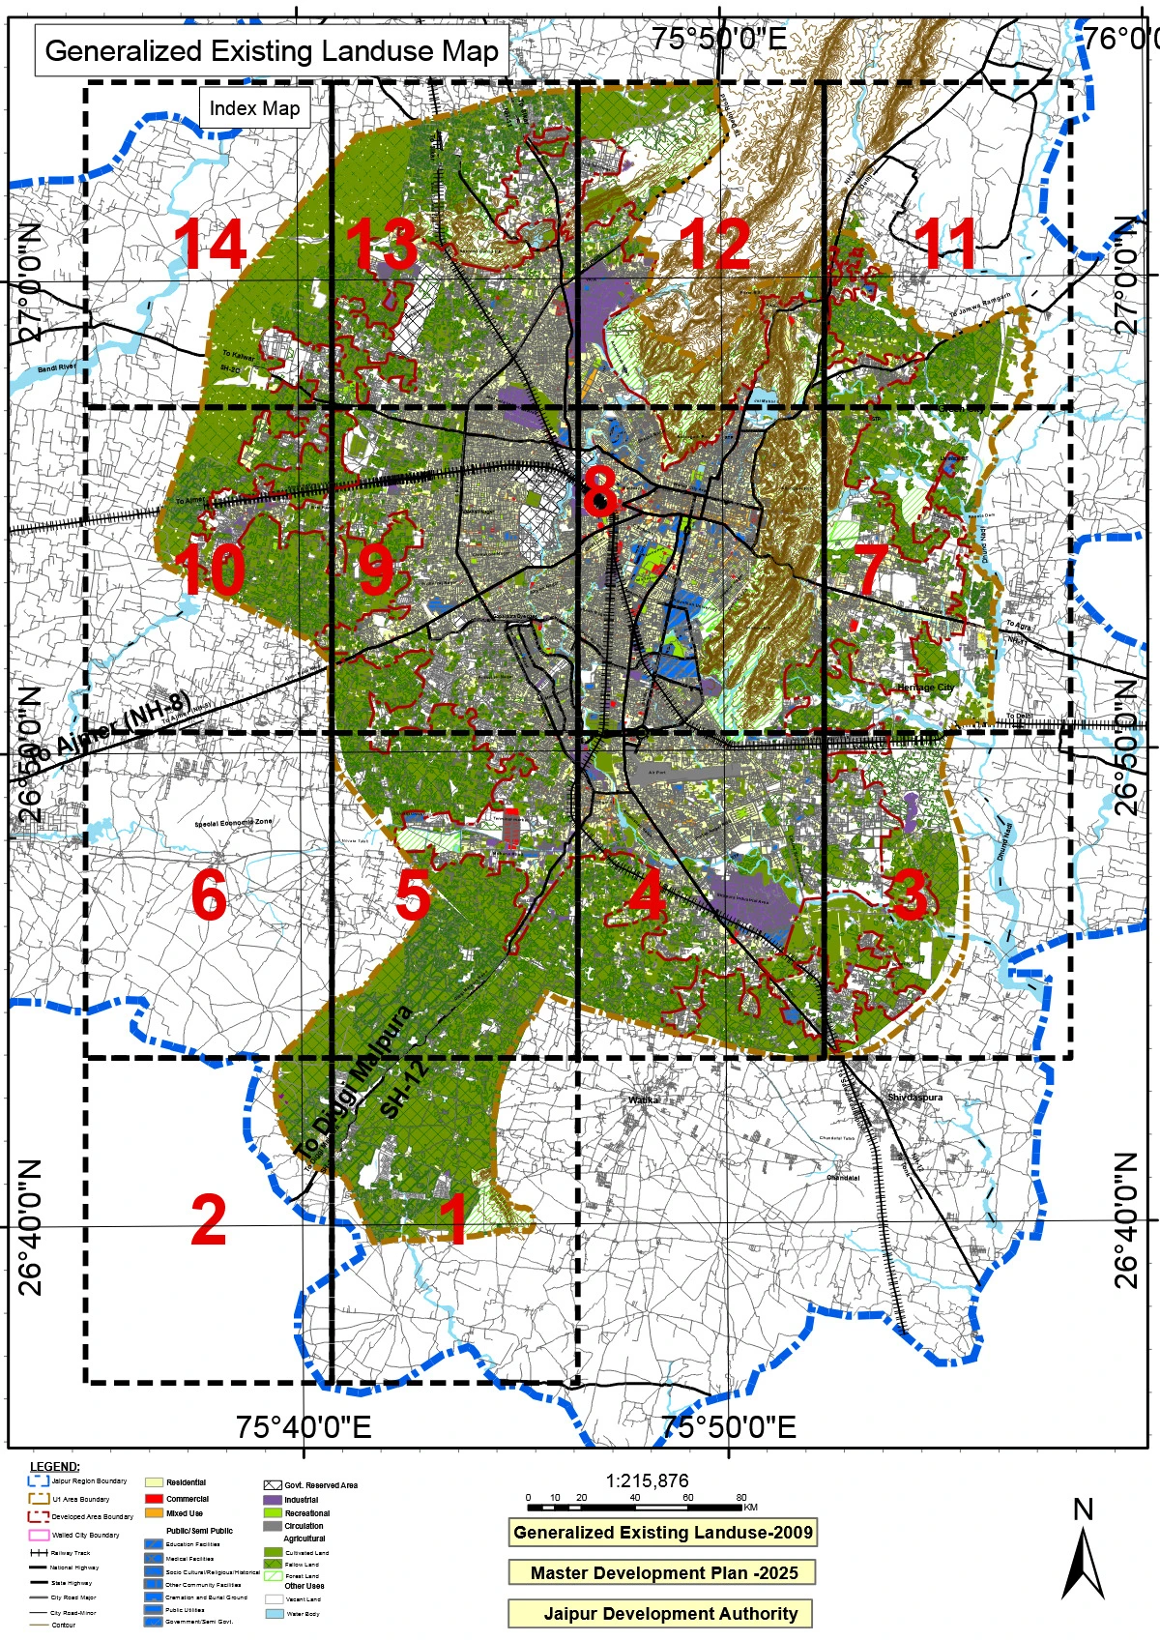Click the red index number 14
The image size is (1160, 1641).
point(211,245)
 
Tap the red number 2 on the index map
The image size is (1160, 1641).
point(209,1221)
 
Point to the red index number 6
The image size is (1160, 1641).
point(209,896)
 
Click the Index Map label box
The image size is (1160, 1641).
point(254,108)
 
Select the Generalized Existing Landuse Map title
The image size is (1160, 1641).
point(272,51)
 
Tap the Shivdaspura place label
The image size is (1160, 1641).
point(914,1098)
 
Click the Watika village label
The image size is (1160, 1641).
point(644,1099)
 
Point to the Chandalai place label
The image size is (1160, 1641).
point(843,1178)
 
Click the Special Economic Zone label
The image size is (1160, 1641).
point(234,823)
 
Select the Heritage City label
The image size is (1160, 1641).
point(925,688)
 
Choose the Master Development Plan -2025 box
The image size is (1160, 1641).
point(664,1572)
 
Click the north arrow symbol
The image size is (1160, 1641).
point(1083,1557)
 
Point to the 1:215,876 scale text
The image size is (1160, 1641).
point(648,1480)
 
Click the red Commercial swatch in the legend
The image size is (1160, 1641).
point(154,1499)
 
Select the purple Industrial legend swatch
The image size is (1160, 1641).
point(272,1500)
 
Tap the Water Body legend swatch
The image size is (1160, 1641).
point(272,1614)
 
